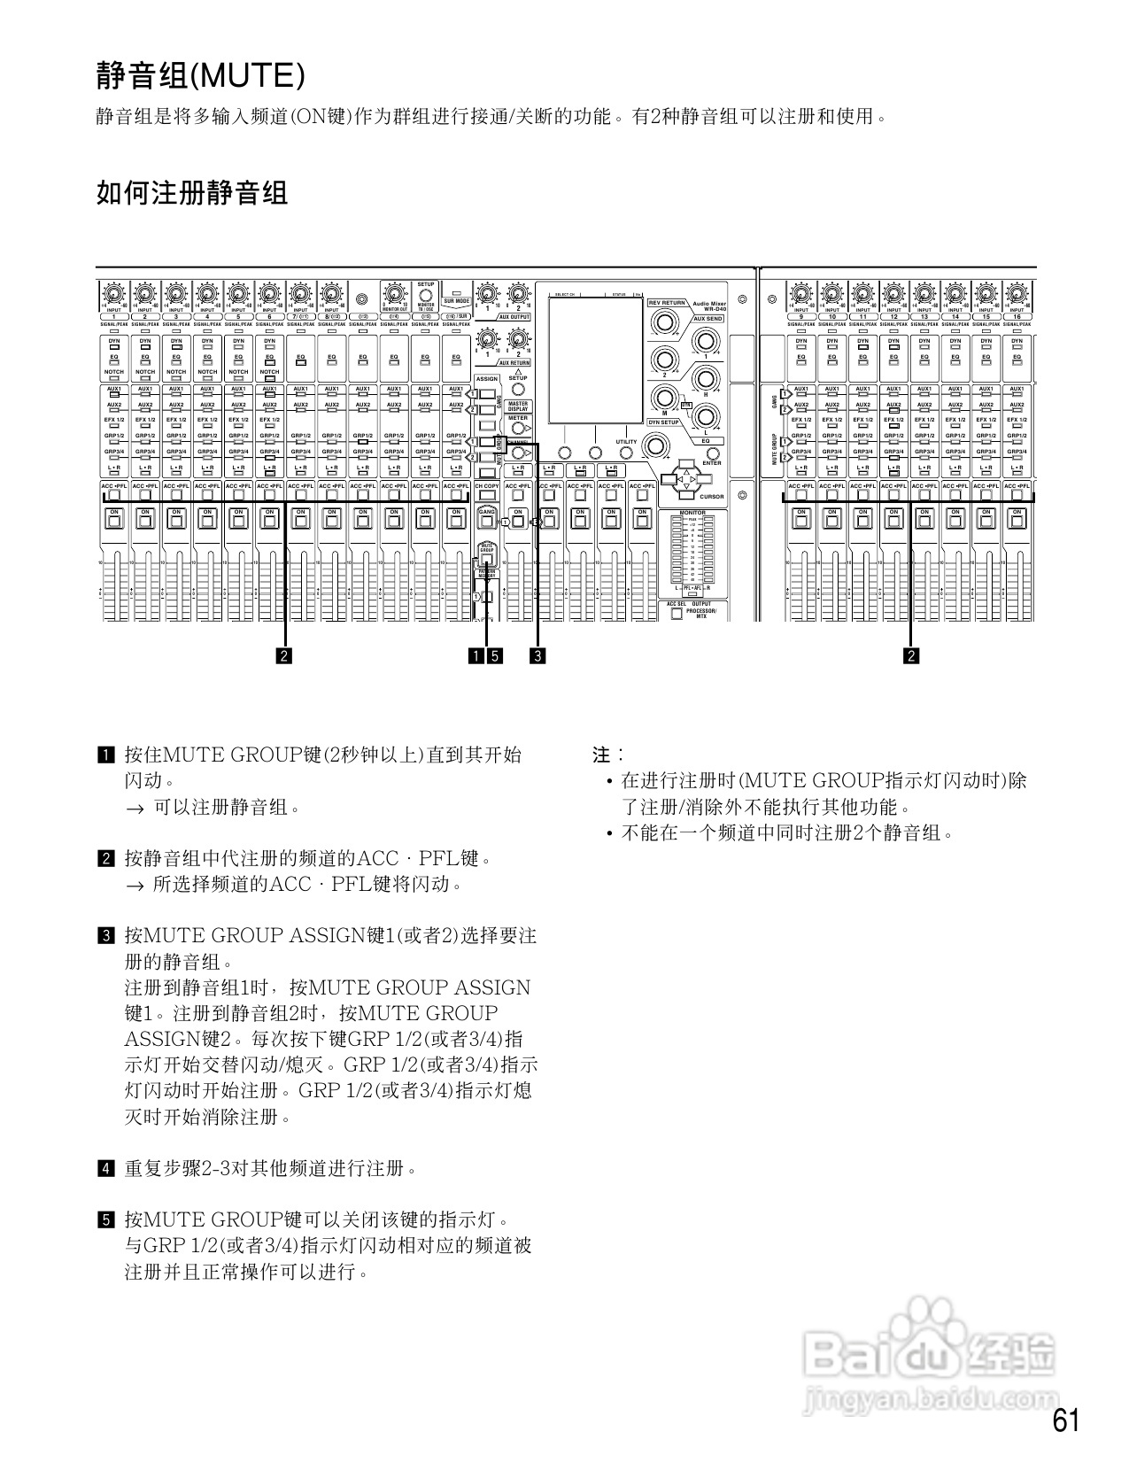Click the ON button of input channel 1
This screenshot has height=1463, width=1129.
click(x=114, y=520)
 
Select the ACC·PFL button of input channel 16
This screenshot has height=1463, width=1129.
click(x=1017, y=496)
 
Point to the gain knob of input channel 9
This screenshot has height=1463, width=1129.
click(x=800, y=294)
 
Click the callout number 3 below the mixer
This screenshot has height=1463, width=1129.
click(x=537, y=656)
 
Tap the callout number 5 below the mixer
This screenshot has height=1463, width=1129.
click(x=495, y=656)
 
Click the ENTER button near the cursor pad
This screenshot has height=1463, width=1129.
click(x=712, y=454)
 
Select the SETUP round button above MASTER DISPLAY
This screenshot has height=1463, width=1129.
click(x=518, y=389)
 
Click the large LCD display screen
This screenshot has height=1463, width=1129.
click(x=595, y=360)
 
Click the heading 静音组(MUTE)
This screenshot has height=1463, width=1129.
click(x=200, y=76)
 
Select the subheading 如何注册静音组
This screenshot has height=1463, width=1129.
click(x=192, y=192)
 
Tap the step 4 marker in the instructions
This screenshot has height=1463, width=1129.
click(x=105, y=1168)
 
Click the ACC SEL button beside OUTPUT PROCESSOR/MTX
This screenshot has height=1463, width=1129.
click(x=677, y=614)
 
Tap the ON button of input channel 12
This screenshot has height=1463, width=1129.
click(x=893, y=520)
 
